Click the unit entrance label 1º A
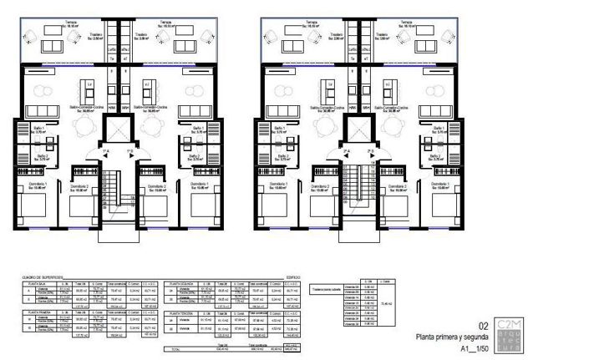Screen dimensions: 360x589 pos(107,151)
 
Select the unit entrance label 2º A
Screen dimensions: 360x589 pos(347,151)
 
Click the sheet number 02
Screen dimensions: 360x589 pos(482,326)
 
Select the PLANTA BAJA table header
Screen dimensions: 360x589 pos(33,284)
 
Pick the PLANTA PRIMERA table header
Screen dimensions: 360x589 pos(33,312)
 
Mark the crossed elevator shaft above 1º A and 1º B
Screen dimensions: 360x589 pos(119,130)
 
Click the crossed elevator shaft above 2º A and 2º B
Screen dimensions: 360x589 pos(358,130)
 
